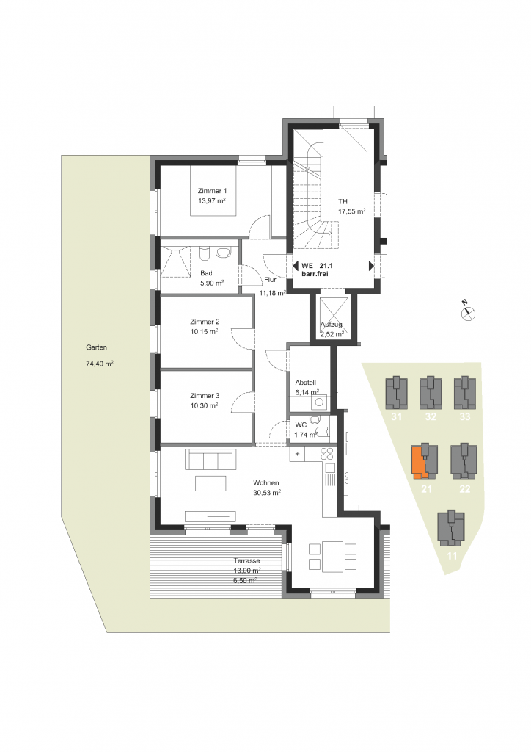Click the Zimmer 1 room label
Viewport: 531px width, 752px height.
212,191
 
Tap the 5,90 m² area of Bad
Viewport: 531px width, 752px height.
212,283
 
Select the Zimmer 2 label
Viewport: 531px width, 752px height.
205,322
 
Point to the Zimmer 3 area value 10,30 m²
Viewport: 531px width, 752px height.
204,405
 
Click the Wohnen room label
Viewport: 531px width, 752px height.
265,483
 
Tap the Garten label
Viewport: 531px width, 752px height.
96,347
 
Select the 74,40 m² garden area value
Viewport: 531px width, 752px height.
100,364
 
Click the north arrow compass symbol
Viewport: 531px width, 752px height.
468,312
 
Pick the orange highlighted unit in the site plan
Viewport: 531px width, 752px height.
420,462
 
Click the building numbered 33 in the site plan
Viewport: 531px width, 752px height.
465,393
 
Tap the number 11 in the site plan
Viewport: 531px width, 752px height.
452,556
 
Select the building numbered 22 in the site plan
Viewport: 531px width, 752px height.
464,461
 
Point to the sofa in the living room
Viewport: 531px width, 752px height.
210,459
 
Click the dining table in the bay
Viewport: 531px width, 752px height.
332,557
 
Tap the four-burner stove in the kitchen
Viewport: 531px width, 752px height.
327,454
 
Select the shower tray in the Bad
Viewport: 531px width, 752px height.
175,262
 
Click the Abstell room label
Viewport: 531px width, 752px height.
306,383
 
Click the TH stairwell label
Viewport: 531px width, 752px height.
343,201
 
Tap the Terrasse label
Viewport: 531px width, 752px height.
247,560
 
